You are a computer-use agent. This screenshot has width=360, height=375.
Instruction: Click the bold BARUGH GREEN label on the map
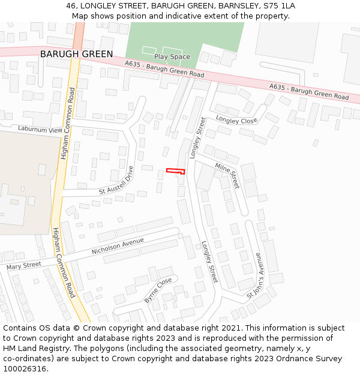pyautogui.click(x=76, y=54)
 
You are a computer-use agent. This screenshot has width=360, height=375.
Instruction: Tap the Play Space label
pyautogui.click(x=172, y=56)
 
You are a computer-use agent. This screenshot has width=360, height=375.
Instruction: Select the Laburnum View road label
pyautogui.click(x=40, y=129)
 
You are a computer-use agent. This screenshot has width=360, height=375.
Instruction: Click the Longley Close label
pyautogui.click(x=236, y=120)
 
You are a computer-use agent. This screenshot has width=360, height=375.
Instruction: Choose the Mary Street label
pyautogui.click(x=24, y=265)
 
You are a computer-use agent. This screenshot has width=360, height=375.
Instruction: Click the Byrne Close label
pyautogui.click(x=158, y=290)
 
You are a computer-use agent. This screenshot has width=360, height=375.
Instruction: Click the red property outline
pyautogui.click(x=176, y=171)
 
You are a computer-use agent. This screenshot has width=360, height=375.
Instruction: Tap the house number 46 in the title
pyautogui.click(x=70, y=5)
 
